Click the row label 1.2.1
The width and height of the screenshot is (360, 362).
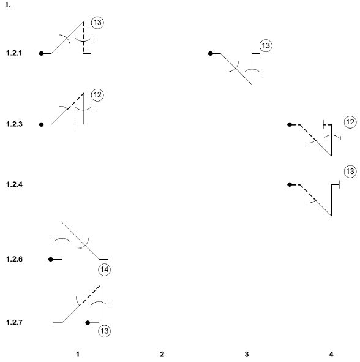pyautogui.click(x=14, y=53)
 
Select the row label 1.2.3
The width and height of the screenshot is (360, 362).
pyautogui.click(x=14, y=124)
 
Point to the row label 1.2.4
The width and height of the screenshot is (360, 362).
pyautogui.click(x=14, y=184)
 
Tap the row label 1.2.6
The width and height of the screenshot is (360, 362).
pyautogui.click(x=14, y=259)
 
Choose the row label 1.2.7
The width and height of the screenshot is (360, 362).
pyautogui.click(x=14, y=322)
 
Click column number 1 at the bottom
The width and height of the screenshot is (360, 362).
pyautogui.click(x=78, y=354)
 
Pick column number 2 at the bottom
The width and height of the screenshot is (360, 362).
pyautogui.click(x=162, y=354)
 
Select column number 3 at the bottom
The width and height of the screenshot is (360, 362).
pyautogui.click(x=247, y=354)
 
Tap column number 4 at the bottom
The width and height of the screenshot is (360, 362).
pyautogui.click(x=331, y=354)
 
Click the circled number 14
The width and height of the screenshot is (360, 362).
pyautogui.click(x=105, y=270)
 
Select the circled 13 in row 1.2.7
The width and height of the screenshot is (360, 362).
pyautogui.click(x=105, y=331)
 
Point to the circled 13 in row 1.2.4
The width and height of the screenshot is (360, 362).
pyautogui.click(x=350, y=172)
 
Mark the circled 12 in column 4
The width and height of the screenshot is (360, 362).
pyautogui.click(x=350, y=122)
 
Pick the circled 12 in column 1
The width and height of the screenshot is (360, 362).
pyautogui.click(x=97, y=95)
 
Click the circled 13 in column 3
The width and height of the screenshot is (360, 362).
pyautogui.click(x=266, y=45)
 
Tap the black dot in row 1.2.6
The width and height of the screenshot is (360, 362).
pyautogui.click(x=51, y=259)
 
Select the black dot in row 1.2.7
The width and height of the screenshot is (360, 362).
pyautogui.click(x=88, y=323)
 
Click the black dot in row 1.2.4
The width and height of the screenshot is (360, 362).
pyautogui.click(x=290, y=184)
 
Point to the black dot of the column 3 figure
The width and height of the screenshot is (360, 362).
pyautogui.click(x=210, y=53)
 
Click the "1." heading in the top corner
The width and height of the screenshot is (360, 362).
pyautogui.click(x=8, y=5)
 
